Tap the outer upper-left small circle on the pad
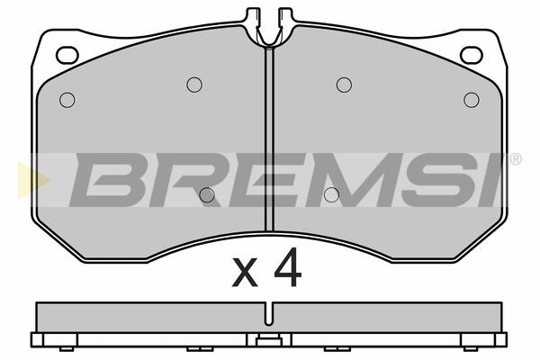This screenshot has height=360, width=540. tap(67, 100)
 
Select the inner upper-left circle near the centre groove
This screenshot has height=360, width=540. tap(194, 85)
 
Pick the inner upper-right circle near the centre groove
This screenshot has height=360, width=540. tap(344, 85)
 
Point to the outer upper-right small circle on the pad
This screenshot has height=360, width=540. tap(472, 100)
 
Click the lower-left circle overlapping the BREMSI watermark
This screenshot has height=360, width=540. tap(207, 195)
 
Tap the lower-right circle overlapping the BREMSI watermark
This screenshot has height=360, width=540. tap(331, 195)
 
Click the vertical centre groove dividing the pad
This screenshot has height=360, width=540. tap(270, 139)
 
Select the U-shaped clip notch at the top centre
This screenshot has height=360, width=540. tap(270, 38)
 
